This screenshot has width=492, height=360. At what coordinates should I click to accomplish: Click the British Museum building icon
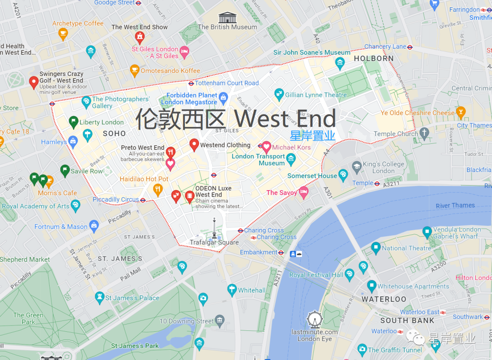pyautogui.click(x=227, y=17)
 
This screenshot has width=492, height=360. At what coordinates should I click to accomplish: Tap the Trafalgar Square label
pyautogui.click(x=214, y=243)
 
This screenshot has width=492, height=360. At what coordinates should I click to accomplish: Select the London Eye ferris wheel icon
pyautogui.click(x=314, y=319)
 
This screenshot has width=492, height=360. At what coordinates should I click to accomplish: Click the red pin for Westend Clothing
pyautogui.click(x=194, y=145)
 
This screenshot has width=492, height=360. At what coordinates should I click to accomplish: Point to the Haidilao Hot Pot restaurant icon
pyautogui.click(x=158, y=189)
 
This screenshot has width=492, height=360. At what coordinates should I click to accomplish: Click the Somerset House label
pyautogui.click(x=312, y=176)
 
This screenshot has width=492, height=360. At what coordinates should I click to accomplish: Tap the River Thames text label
pyautogui.click(x=455, y=206)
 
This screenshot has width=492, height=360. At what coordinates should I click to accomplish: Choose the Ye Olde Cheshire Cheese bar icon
pyautogui.click(x=461, y=112)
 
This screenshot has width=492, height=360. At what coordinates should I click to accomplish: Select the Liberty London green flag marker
pyautogui.click(x=73, y=122)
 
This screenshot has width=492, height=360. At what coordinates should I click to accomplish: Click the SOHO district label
pyautogui.click(x=114, y=133)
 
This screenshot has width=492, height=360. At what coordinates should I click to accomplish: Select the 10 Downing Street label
pyautogui.click(x=186, y=321)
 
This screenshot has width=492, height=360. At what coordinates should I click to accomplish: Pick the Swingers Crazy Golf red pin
pyautogui.click(x=33, y=82)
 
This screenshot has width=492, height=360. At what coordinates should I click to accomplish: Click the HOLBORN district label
pyautogui.click(x=374, y=58)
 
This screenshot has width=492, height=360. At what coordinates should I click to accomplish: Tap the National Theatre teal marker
pyautogui.click(x=376, y=248)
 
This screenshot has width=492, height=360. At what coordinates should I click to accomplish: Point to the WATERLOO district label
pyautogui.click(x=384, y=299)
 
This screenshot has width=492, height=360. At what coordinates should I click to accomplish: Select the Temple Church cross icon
pyautogui.click(x=425, y=133)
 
